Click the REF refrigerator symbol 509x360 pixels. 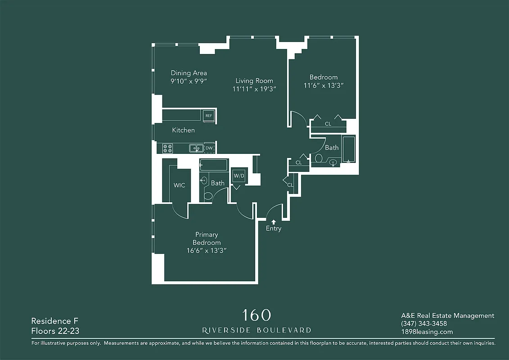208,116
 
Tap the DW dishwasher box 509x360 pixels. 209,148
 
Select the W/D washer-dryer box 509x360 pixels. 239,175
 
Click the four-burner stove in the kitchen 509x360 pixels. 168,148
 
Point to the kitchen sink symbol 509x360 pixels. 195,148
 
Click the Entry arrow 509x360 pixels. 273,221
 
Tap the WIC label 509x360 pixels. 179,185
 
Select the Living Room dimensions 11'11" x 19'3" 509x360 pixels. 254,89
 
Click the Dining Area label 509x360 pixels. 189,73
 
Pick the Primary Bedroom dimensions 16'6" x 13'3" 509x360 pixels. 207,251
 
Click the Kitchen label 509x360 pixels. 184,130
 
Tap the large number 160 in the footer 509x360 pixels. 257,315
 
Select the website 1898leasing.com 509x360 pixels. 427,332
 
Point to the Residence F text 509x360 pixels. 51,321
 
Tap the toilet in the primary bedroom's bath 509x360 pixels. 208,195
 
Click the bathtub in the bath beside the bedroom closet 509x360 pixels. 349,149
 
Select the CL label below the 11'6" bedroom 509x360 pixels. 328,123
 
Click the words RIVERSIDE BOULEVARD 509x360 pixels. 257,330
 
